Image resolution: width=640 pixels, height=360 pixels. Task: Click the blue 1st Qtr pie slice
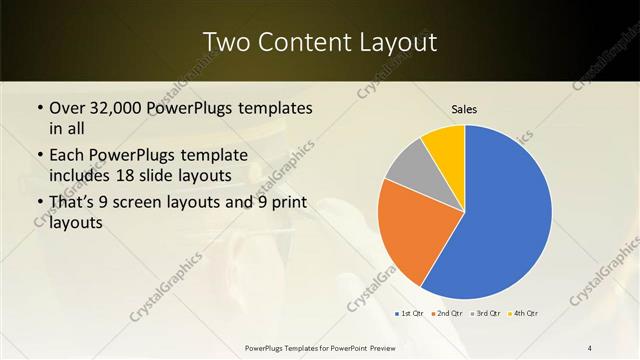pos(505,215)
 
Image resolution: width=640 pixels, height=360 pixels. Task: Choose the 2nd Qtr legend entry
pos(446,313)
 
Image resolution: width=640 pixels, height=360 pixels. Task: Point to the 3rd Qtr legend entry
pos(485,313)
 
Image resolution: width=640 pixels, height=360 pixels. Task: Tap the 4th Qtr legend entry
pos(523,313)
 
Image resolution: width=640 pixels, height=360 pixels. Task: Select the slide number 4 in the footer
pos(589,347)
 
